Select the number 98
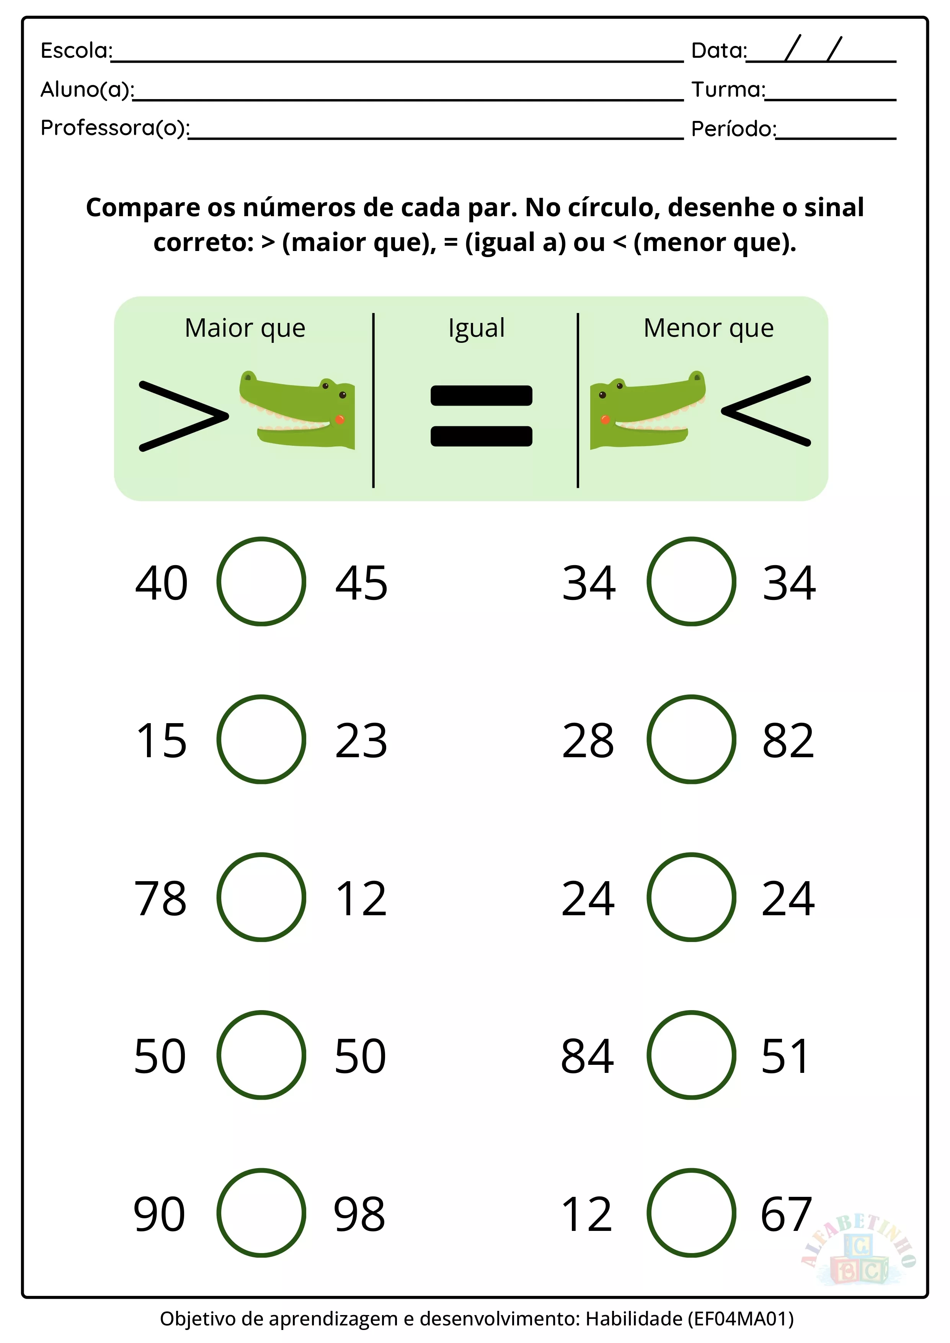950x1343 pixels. coord(359,1214)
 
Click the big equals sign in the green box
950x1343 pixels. coord(482,416)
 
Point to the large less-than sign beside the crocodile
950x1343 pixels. coord(766,411)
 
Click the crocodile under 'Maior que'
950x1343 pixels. coord(297,409)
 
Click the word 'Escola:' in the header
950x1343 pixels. coord(77,51)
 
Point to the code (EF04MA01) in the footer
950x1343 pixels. coord(741,1319)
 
